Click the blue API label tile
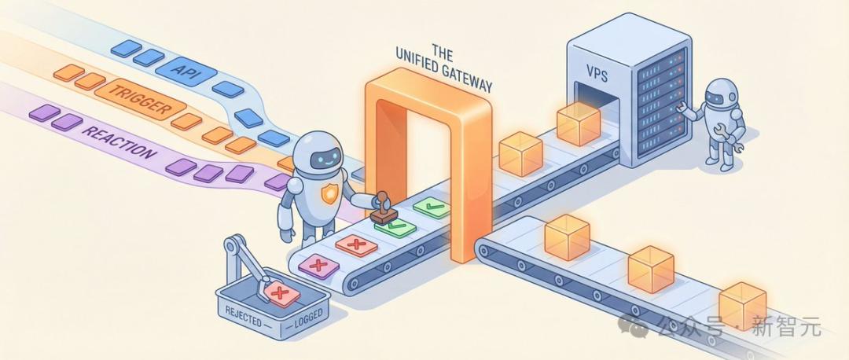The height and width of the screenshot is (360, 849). pyautogui.click(x=186, y=71)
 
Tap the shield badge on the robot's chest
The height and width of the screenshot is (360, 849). pyautogui.click(x=329, y=193)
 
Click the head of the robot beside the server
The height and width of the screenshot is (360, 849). pyautogui.click(x=723, y=93)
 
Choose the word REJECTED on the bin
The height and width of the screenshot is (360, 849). pyautogui.click(x=243, y=318)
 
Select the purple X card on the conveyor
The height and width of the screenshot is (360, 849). pyautogui.click(x=318, y=265)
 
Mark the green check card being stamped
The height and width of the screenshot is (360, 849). pyautogui.click(x=395, y=226)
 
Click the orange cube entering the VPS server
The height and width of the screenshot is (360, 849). pyautogui.click(x=579, y=122)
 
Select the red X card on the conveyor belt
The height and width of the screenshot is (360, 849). pyautogui.click(x=356, y=245)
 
